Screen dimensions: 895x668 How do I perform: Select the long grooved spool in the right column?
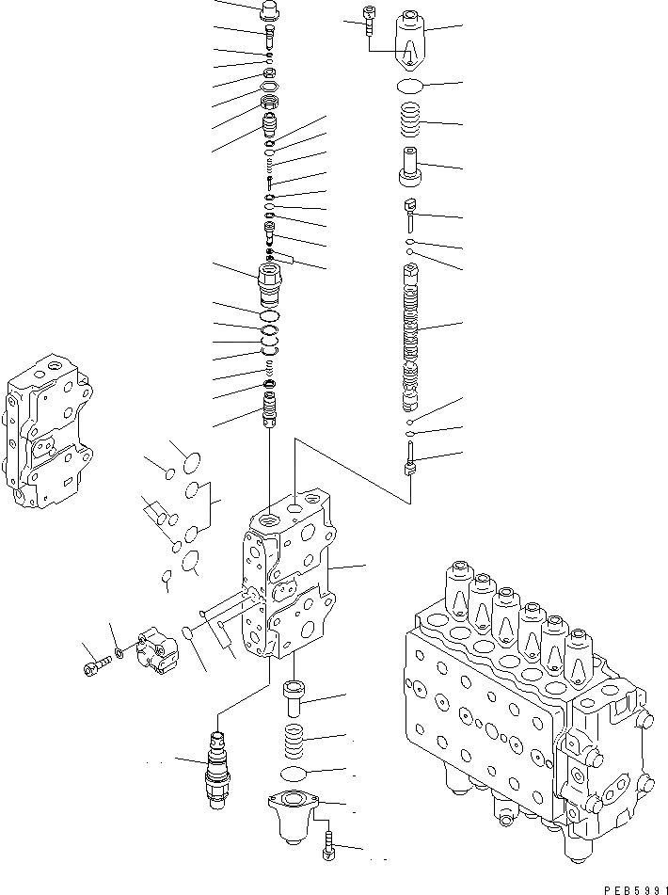coord(409,339)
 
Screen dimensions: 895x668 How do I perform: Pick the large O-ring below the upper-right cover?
coord(409,87)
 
